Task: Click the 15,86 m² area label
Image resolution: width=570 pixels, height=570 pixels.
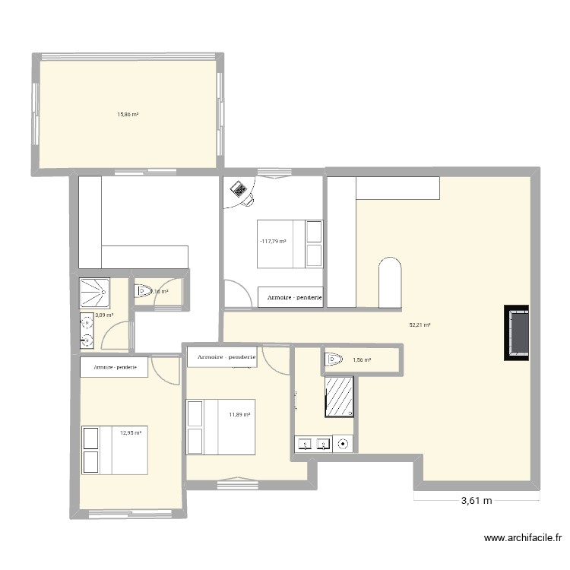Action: (127, 115)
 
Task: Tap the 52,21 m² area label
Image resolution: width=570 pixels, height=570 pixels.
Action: (420, 325)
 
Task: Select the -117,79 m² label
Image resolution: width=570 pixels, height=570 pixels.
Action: (272, 242)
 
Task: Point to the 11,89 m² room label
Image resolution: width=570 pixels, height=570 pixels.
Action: (239, 414)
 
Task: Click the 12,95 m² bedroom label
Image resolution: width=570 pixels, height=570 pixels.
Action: (131, 433)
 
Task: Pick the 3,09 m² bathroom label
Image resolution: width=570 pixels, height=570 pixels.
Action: (104, 315)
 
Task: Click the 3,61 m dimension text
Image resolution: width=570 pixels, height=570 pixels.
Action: (477, 501)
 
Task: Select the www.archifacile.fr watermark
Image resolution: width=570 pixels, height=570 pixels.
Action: (524, 539)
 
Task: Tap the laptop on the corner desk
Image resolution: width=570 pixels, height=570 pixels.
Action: (239, 188)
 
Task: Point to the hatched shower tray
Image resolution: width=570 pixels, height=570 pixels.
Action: (339, 397)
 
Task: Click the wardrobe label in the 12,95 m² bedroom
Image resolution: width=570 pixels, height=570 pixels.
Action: (115, 368)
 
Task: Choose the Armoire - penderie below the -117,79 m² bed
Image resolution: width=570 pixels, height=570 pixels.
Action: (294, 298)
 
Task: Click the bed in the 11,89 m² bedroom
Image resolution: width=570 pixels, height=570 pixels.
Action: (221, 427)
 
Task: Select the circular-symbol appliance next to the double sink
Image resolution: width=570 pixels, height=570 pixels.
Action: (344, 443)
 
